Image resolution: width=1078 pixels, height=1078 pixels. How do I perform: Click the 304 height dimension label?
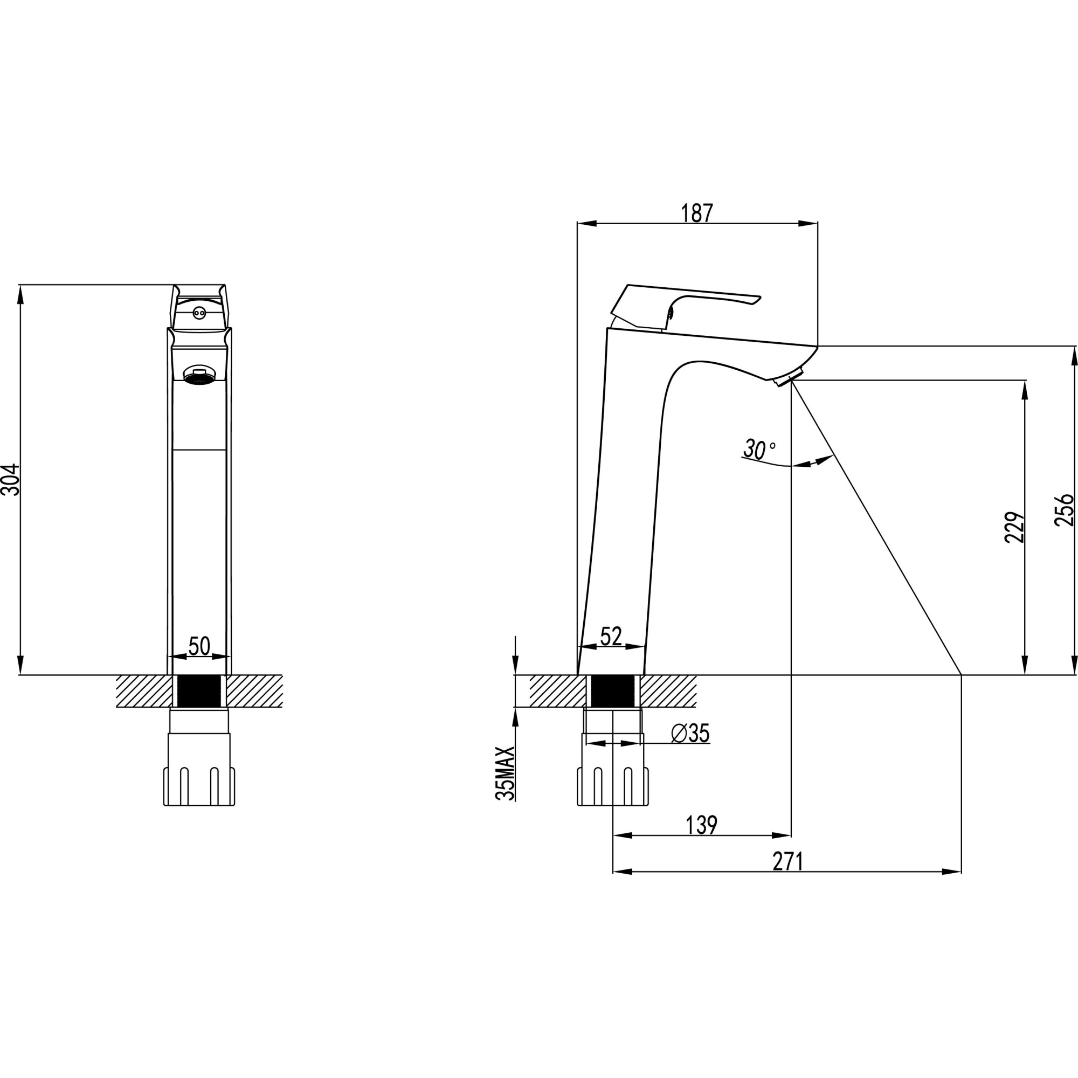tap(11, 479)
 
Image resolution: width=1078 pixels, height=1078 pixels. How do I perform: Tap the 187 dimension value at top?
tap(697, 213)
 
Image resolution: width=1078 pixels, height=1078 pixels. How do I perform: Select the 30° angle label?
tap(758, 449)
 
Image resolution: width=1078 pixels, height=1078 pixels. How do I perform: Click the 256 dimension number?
tap(1064, 510)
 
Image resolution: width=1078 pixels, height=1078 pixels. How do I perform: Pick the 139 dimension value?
tap(701, 825)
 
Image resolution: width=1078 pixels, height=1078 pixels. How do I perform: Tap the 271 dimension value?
tap(788, 861)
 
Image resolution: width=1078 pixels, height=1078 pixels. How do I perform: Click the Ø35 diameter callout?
tap(690, 734)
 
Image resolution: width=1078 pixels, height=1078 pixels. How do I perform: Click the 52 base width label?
tap(611, 636)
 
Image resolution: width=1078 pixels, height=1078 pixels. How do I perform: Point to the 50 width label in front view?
tap(199, 646)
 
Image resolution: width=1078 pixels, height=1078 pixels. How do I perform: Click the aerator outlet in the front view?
tap(199, 375)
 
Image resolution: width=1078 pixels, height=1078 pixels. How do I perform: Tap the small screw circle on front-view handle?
tap(199, 314)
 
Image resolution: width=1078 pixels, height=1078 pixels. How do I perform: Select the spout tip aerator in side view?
tap(788, 378)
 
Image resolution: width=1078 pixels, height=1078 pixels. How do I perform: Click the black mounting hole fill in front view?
tap(199, 692)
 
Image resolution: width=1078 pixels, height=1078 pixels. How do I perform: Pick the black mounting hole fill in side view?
tap(613, 692)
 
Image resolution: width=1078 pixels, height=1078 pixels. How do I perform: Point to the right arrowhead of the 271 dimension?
tap(952, 872)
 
